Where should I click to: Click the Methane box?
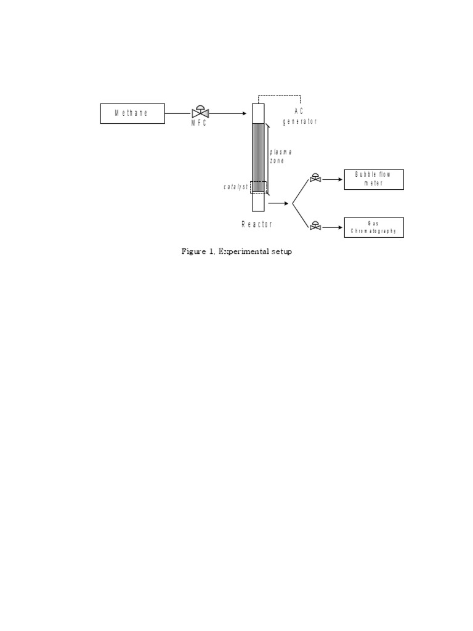(x=132, y=113)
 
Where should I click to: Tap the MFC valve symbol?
(x=200, y=113)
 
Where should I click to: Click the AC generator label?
(x=299, y=116)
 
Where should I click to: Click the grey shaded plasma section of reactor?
(x=258, y=154)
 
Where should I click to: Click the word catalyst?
(x=235, y=187)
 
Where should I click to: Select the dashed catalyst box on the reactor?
(x=258, y=187)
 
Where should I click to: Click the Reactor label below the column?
(x=256, y=225)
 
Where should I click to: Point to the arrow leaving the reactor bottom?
(x=278, y=203)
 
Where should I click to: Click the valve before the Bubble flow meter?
(x=315, y=179)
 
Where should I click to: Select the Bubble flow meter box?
(x=374, y=179)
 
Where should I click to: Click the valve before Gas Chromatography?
(x=315, y=227)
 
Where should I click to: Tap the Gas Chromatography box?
(x=374, y=227)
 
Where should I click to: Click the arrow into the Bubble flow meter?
(x=333, y=180)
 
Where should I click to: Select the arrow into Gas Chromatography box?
(x=333, y=227)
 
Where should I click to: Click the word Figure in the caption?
(x=193, y=251)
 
